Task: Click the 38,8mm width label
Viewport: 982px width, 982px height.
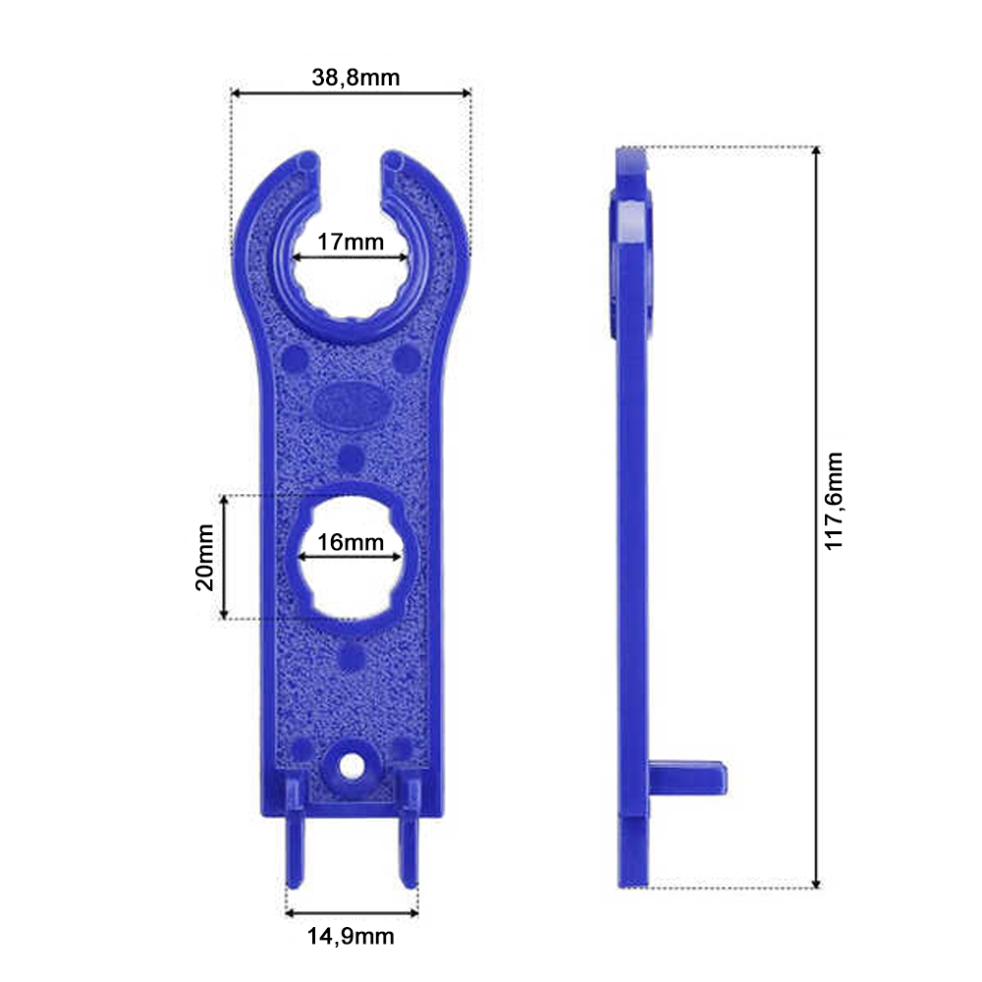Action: [x=355, y=78]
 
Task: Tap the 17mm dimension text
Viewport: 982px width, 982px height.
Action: [x=351, y=242]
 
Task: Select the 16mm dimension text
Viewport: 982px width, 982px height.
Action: [x=351, y=542]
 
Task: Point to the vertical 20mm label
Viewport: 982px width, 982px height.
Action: [x=205, y=558]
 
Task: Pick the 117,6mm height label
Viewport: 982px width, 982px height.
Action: [x=834, y=501]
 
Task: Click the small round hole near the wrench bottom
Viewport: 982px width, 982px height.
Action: [x=352, y=765]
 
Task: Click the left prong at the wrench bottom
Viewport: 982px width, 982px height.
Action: [x=295, y=832]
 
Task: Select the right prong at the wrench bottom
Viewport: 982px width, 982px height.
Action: [x=409, y=832]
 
